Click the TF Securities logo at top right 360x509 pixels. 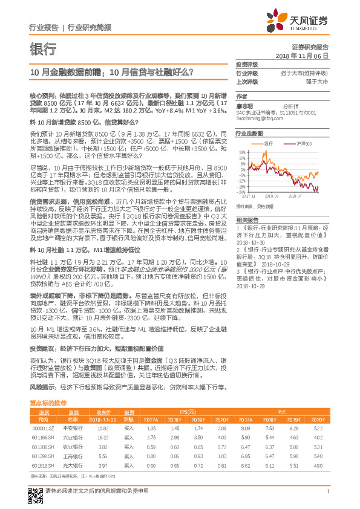(x=306, y=21)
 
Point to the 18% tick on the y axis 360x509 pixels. (x=242, y=152)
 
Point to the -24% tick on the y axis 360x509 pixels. (x=241, y=192)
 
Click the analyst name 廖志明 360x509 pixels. (x=245, y=105)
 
